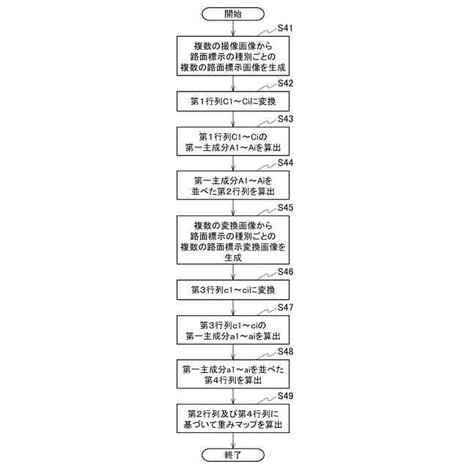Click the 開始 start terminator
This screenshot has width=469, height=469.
pyautogui.click(x=233, y=14)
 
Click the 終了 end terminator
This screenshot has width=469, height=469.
pyautogui.click(x=233, y=454)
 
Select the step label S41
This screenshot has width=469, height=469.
pyautogui.click(x=286, y=29)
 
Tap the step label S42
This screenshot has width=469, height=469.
pyautogui.click(x=286, y=84)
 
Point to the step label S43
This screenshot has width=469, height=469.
pyautogui.click(x=286, y=119)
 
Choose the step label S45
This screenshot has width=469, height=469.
pyautogui.click(x=286, y=208)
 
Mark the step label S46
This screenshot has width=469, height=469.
pyautogui.click(x=286, y=272)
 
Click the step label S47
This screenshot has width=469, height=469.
pyautogui.click(x=286, y=307)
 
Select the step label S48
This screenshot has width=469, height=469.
pyautogui.click(x=286, y=352)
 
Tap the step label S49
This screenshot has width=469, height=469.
pyautogui.click(x=286, y=396)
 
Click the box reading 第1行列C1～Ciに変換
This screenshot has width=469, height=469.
pyautogui.click(x=233, y=100)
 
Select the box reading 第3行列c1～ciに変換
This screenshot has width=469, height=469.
pyautogui.click(x=233, y=290)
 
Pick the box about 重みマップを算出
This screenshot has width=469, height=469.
pyautogui.click(x=233, y=418)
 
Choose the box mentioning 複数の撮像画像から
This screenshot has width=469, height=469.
pyautogui.click(x=233, y=55)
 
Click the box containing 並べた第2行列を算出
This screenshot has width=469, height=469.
pyautogui.click(x=233, y=185)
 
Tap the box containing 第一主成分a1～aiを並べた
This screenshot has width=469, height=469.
pyautogui.click(x=233, y=375)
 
